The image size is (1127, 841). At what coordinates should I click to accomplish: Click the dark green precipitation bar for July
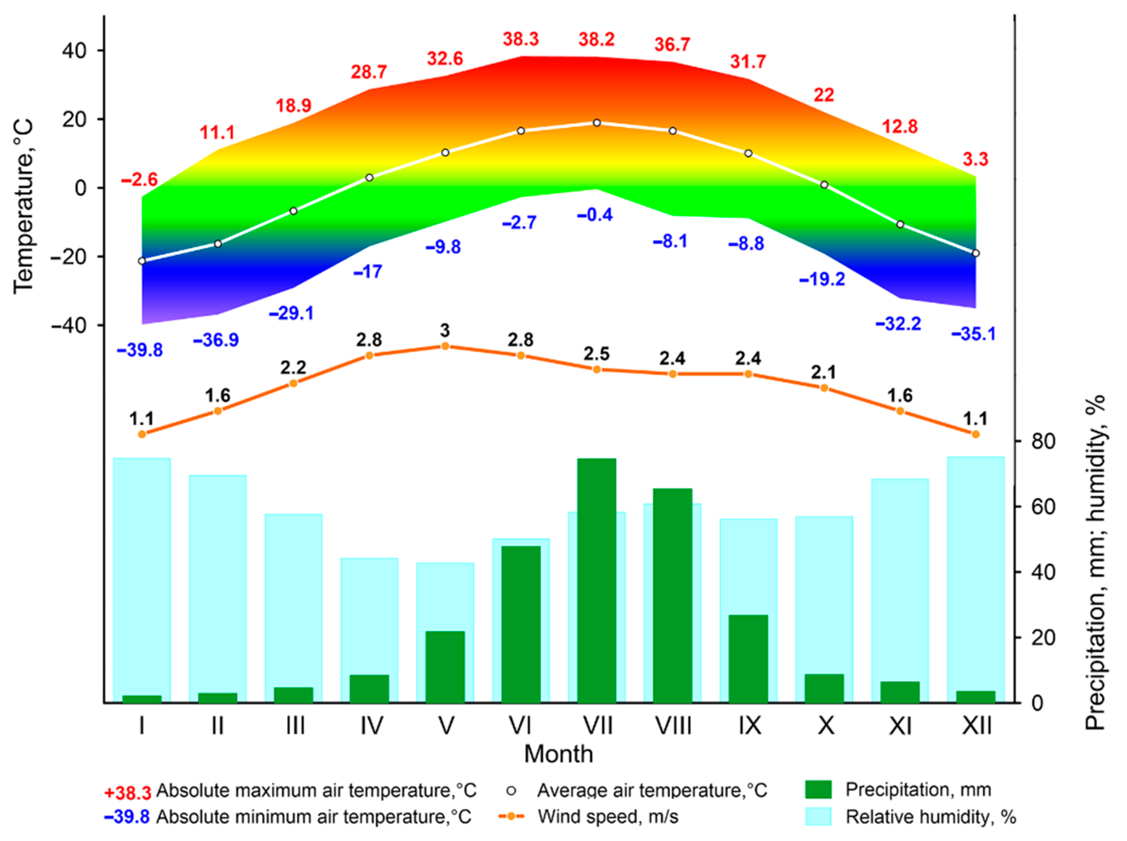tap(596, 580)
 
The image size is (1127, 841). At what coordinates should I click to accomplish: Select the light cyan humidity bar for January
tap(142, 575)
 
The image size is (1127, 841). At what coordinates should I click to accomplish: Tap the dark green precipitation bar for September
tap(748, 659)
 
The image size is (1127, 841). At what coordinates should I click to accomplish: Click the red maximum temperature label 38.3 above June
tap(520, 39)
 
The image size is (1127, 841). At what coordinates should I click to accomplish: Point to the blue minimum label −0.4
tap(595, 215)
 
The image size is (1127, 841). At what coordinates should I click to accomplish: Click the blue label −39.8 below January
tap(140, 350)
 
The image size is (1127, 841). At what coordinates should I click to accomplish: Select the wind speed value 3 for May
tap(445, 331)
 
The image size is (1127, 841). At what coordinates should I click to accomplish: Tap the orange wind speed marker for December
tap(975, 434)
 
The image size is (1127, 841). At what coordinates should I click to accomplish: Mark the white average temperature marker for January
tap(142, 261)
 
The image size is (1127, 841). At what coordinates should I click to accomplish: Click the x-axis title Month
tap(558, 754)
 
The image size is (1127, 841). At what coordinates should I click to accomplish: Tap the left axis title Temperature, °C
tap(23, 206)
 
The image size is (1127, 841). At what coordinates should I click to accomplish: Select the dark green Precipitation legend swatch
tap(818, 790)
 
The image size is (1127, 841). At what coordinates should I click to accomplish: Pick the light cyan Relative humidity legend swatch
tap(818, 817)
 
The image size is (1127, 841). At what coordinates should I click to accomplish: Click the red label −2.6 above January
tap(140, 180)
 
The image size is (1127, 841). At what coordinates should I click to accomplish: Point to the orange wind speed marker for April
tap(370, 355)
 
